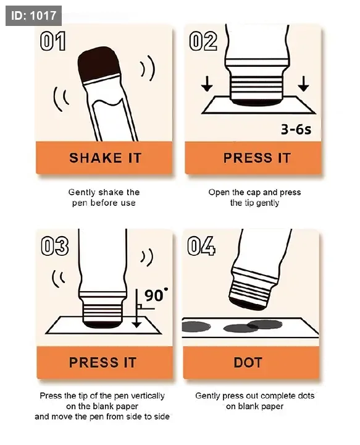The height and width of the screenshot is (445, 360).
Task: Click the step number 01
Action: [x=52, y=41]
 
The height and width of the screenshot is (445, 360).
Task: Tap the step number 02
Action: [x=203, y=41]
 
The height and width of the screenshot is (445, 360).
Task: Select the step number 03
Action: [x=55, y=246]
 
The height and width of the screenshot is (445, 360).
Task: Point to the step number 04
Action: [x=201, y=246]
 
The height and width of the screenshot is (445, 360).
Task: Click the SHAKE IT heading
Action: [x=105, y=158]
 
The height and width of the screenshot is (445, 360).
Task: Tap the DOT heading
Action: [x=248, y=362]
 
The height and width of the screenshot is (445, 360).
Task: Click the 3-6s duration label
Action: [x=296, y=129]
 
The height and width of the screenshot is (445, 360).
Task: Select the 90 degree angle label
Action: [x=156, y=295]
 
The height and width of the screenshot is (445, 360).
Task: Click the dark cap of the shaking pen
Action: [x=99, y=64]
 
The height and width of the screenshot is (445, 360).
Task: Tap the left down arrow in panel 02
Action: [x=207, y=83]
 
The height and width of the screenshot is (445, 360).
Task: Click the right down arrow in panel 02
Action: [x=304, y=83]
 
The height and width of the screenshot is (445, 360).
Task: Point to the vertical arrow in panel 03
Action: [x=137, y=308]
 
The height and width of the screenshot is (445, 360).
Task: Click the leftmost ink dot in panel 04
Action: [x=196, y=326]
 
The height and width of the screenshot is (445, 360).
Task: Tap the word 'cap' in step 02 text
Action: [x=253, y=193]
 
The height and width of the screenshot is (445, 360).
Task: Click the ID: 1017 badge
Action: [x=33, y=15]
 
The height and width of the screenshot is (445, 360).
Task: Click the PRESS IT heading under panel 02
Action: [x=257, y=158]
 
